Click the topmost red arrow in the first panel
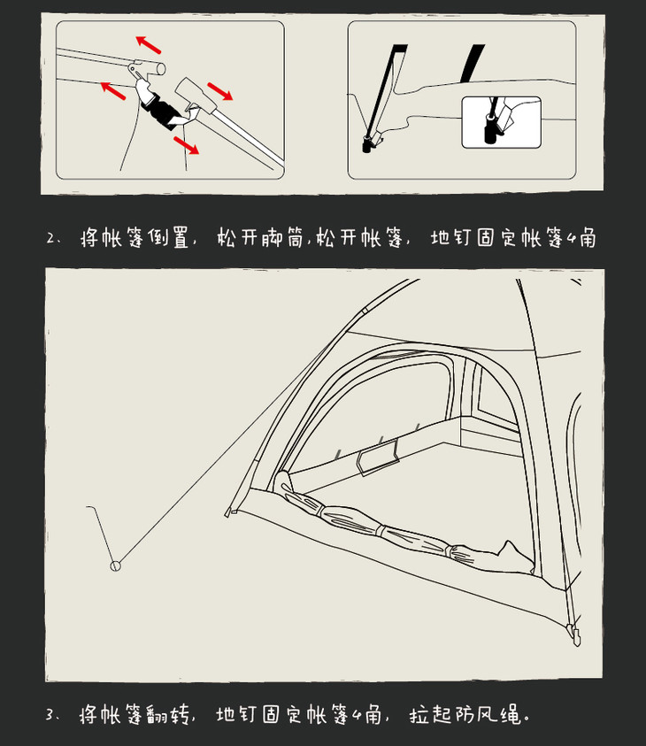pyautogui.click(x=149, y=44)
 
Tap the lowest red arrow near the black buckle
pyautogui.click(x=187, y=145)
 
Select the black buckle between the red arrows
pyautogui.click(x=160, y=112)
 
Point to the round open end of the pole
pyautogui.click(x=161, y=69)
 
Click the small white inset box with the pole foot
pyautogui.click(x=502, y=122)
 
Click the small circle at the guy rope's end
pyautogui.click(x=116, y=566)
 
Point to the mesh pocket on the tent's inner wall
pyautogui.click(x=378, y=458)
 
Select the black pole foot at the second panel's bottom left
pyautogui.click(x=366, y=145)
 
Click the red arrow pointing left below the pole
pyautogui.click(x=113, y=90)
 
